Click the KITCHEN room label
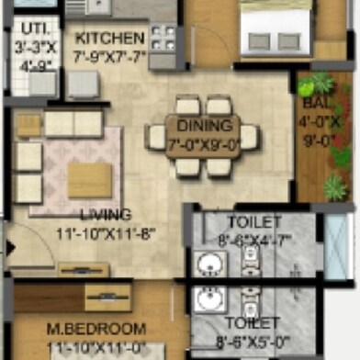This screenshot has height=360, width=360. click(109, 39)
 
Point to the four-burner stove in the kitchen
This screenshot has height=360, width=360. click(163, 39)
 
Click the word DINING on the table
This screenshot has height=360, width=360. click(198, 126)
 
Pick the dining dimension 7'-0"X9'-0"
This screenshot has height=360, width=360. click(202, 143)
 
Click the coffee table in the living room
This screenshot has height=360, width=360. click(90, 180)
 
